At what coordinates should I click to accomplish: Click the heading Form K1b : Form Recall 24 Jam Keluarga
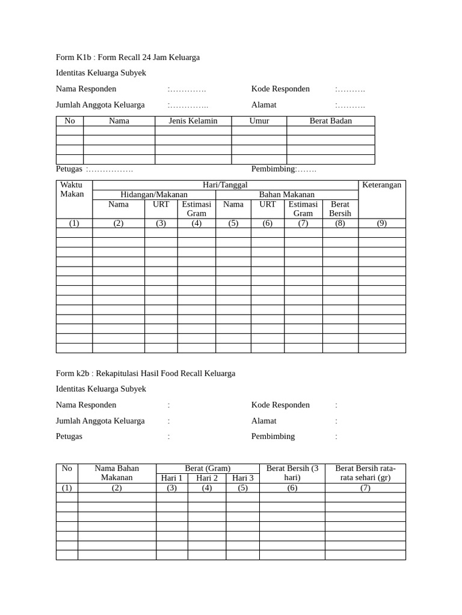128,58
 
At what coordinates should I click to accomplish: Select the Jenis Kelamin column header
193,121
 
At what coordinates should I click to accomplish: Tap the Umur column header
259,121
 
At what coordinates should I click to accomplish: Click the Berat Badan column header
330,121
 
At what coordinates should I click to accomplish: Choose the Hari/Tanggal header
226,185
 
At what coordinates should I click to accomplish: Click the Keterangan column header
381,185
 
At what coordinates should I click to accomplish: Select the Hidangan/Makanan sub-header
154,195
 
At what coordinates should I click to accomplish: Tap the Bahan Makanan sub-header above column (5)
287,195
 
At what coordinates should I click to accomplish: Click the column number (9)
381,223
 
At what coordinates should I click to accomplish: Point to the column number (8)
340,223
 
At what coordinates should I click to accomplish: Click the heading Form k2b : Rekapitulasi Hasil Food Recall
146,374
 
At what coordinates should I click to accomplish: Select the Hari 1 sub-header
172,478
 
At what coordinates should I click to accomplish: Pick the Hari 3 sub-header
243,478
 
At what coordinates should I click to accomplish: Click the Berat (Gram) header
208,468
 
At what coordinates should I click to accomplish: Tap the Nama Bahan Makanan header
117,473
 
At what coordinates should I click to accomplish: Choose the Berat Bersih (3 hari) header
292,473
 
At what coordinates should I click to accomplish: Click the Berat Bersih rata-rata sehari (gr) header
365,473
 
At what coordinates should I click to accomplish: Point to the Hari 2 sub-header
207,478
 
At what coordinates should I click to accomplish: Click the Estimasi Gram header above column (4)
196,208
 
